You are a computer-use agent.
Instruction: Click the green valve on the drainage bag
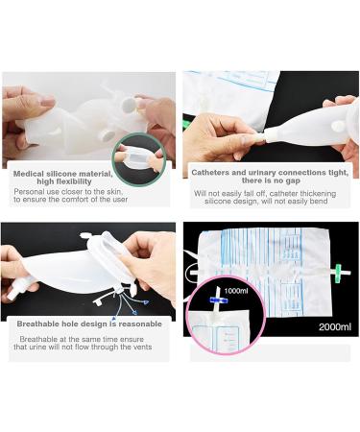pyautogui.click(x=340, y=267)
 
